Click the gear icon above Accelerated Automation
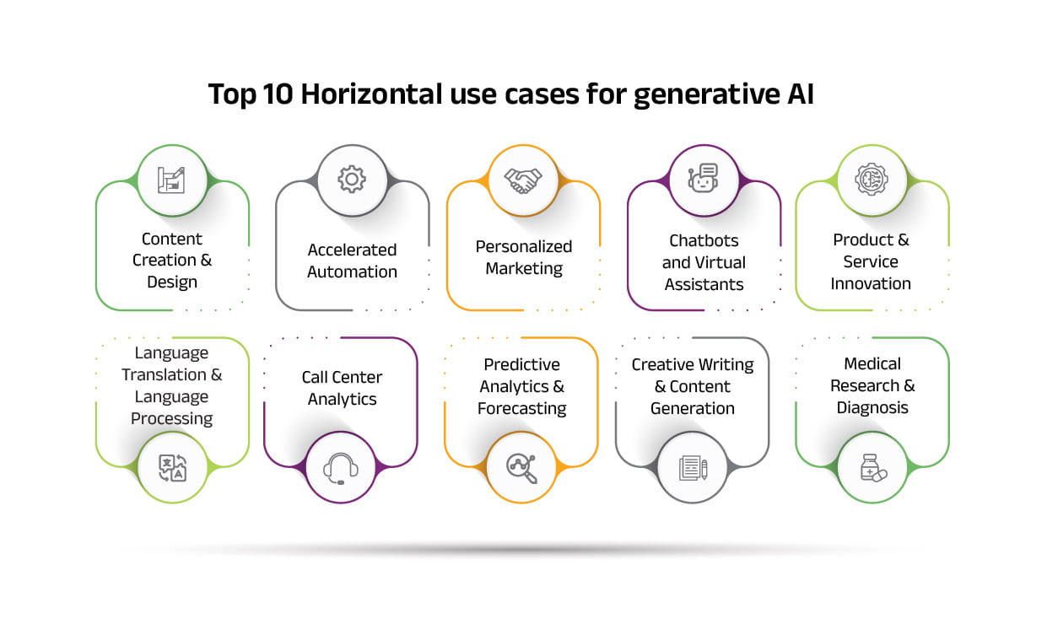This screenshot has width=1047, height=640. coord(352,179)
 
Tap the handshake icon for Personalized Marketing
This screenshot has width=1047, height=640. coord(522,180)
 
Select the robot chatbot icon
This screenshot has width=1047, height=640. coord(703,178)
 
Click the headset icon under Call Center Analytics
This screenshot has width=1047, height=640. coord(341,469)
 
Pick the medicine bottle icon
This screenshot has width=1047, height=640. coord(873,468)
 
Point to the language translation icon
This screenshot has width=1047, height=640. coord(172,468)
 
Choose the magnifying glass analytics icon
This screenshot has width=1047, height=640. coord(521,468)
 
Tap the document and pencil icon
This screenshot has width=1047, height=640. coord(693,468)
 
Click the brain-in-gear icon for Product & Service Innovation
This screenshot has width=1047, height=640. coord(872,179)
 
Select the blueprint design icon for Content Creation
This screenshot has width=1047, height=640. coord(171,180)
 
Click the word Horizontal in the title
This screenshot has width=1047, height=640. coord(371,94)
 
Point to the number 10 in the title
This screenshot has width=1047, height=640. coord(278,94)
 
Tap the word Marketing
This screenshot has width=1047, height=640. coord(524,269)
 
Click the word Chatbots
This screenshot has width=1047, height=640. coord(704,240)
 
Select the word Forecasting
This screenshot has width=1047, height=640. coord(521,409)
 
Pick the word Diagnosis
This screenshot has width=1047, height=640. coord(872,408)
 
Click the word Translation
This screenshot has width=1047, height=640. coord(164,374)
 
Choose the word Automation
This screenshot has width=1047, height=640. coord(352,272)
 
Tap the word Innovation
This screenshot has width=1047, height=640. coord(871,283)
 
